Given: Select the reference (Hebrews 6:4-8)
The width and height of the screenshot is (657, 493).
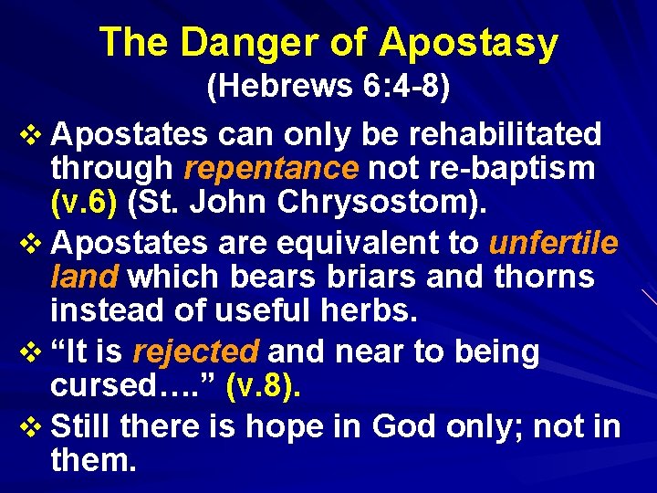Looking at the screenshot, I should [x=328, y=88].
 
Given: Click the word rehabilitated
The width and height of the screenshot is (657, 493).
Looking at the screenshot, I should [x=506, y=135].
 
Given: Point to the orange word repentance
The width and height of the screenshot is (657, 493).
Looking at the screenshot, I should [x=270, y=168].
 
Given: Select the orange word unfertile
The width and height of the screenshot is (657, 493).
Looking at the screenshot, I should [x=554, y=244].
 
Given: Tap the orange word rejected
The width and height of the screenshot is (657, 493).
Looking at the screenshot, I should [x=196, y=351].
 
